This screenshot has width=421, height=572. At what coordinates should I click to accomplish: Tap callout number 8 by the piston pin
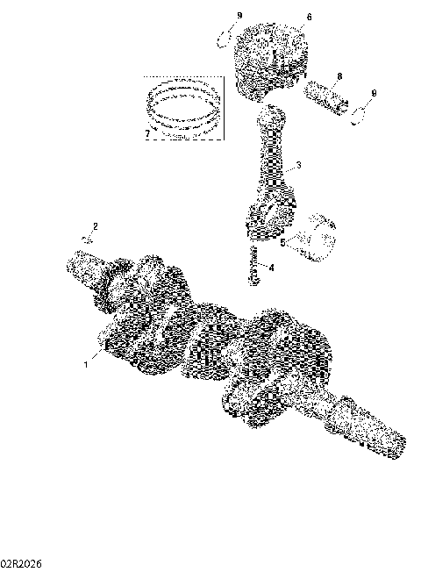339,77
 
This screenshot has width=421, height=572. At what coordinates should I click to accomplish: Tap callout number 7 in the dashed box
147,133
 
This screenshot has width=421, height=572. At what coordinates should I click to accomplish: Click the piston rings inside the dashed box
184,110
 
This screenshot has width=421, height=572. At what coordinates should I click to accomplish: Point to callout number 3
299,165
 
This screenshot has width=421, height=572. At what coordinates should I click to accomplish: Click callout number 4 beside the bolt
272,267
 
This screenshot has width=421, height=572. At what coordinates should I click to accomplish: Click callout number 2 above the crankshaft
96,228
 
